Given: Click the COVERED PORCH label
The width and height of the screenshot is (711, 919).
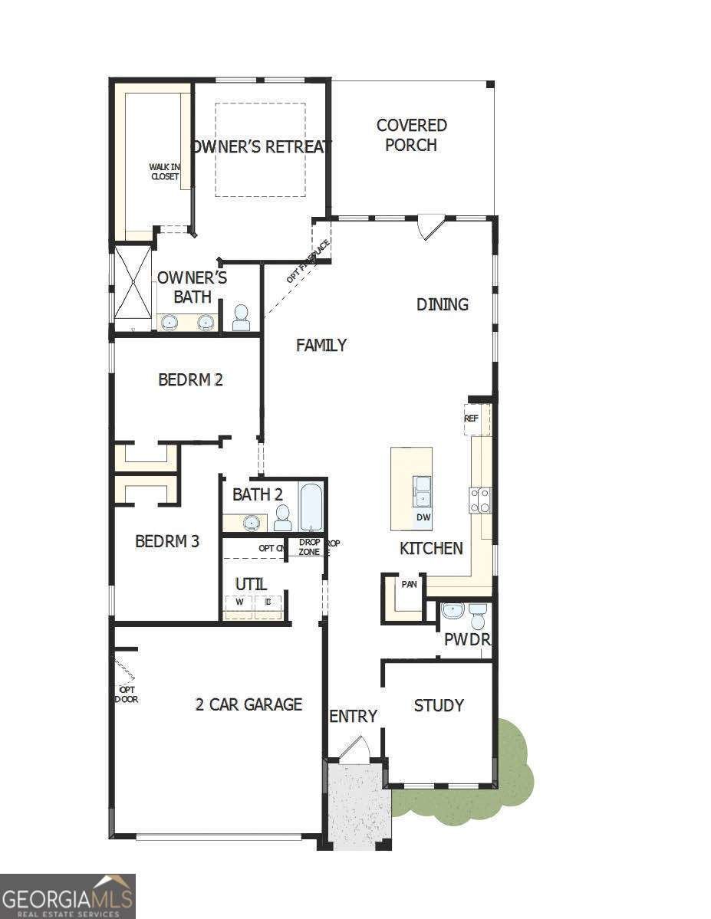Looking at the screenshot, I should pyautogui.click(x=411, y=135).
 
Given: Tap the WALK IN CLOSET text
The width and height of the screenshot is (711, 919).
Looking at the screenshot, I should pyautogui.click(x=164, y=172).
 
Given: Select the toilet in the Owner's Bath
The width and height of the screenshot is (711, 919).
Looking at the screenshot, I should pyautogui.click(x=241, y=317).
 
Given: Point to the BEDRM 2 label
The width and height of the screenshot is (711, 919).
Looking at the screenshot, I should pyautogui.click(x=190, y=379).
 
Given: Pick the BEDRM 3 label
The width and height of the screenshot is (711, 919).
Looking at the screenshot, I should pyautogui.click(x=167, y=541).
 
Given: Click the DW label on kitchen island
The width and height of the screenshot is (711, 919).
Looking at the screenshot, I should pyautogui.click(x=423, y=517).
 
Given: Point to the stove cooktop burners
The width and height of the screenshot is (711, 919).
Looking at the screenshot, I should pyautogui.click(x=481, y=501).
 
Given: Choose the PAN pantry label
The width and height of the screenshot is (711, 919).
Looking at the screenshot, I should pyautogui.click(x=410, y=584).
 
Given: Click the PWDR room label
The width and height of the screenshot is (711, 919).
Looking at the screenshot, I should pyautogui.click(x=467, y=638).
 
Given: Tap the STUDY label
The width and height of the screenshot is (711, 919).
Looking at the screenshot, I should pyautogui.click(x=439, y=705).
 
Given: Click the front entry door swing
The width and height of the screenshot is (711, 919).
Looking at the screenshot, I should pyautogui.click(x=354, y=750).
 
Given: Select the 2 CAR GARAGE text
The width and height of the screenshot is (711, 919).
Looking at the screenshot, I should pyautogui.click(x=249, y=704).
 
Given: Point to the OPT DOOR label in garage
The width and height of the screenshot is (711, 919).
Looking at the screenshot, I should pyautogui.click(x=127, y=694).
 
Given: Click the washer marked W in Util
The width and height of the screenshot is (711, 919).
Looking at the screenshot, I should pyautogui.click(x=239, y=602).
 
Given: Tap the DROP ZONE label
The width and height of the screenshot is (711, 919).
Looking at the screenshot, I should pyautogui.click(x=309, y=547).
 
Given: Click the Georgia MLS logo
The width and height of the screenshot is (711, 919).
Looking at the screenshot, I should pyautogui.click(x=67, y=896).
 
